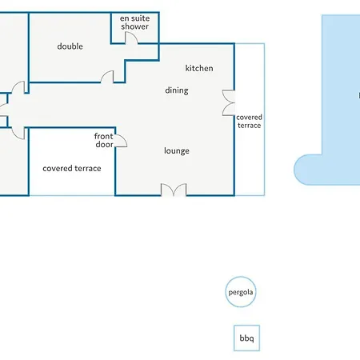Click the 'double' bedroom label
[70, 46]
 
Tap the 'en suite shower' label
[134, 22]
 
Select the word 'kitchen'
[199, 68]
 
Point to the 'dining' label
[177, 90]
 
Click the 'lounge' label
[177, 151]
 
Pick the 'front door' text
[104, 140]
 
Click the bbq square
[246, 338]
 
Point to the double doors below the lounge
[174, 190]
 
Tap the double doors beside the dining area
[229, 103]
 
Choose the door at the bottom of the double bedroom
[107, 76]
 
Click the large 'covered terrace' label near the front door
[72, 169]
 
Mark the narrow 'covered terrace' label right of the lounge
[249, 122]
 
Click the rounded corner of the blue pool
[300, 170]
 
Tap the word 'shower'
[134, 26]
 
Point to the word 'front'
[104, 136]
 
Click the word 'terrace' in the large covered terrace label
[88, 169]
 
